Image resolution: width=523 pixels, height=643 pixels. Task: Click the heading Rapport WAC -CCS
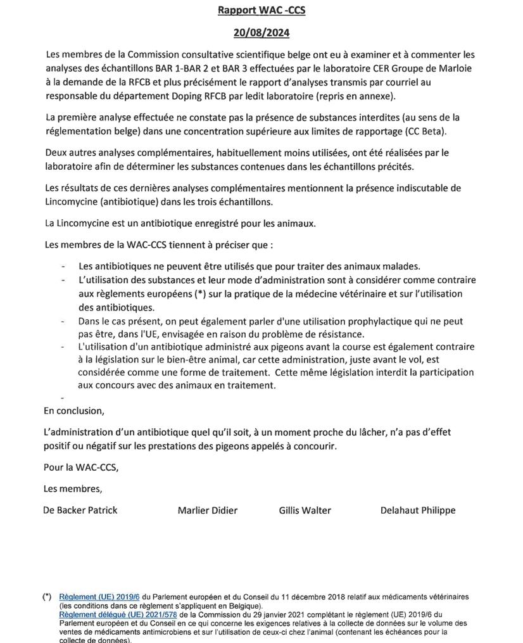click(261, 10)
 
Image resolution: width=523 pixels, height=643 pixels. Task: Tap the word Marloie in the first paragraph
click(457, 68)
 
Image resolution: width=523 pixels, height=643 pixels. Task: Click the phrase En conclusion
click(74, 411)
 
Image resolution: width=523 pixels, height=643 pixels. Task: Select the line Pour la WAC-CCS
click(81, 468)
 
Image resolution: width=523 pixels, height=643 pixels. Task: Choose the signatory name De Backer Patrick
click(80, 510)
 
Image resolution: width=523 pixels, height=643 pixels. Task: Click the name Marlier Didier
click(208, 510)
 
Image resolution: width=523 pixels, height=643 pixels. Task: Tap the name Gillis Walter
click(305, 510)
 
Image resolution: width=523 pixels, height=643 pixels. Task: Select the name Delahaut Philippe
click(417, 510)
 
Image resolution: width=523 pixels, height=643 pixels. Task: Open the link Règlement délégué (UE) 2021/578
click(118, 614)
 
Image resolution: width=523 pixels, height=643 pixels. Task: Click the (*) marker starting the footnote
click(47, 597)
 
